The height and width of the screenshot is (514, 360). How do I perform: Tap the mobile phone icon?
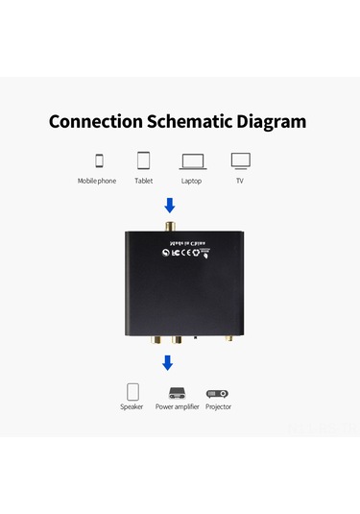pyautogui.click(x=99, y=159)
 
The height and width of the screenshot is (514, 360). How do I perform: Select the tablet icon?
pyautogui.click(x=144, y=159)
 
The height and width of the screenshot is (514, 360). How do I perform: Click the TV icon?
pyautogui.click(x=240, y=159)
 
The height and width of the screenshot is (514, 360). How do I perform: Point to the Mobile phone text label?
pyautogui.click(x=97, y=181)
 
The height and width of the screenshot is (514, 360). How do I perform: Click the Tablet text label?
pyautogui.click(x=144, y=181)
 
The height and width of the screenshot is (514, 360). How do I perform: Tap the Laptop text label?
pyautogui.click(x=192, y=181)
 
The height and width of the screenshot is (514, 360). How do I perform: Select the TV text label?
pyautogui.click(x=240, y=181)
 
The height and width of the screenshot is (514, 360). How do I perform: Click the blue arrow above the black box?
pyautogui.click(x=170, y=206)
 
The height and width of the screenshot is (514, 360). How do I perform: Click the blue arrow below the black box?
pyautogui.click(x=168, y=362)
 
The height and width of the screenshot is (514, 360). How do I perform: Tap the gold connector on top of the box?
pyautogui.click(x=170, y=228)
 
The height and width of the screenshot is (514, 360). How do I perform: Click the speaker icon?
pyautogui.click(x=132, y=392)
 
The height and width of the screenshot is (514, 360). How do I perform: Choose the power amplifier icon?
pyautogui.click(x=177, y=393)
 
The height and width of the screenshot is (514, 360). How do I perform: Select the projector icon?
pyautogui.click(x=218, y=393)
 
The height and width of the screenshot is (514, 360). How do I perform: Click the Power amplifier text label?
pyautogui.click(x=177, y=407)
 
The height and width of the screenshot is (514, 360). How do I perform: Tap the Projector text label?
pyautogui.click(x=218, y=407)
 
